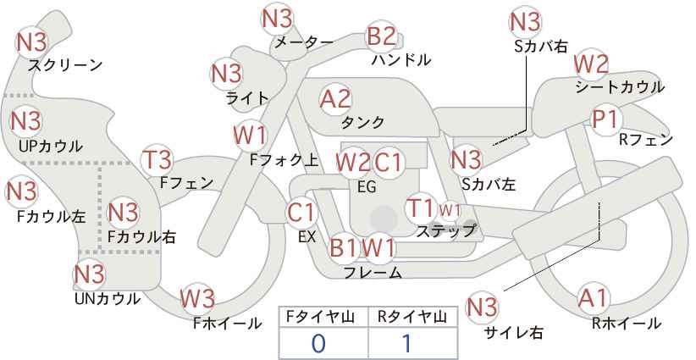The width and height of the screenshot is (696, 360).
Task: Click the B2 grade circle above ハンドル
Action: pyautogui.click(x=381, y=36)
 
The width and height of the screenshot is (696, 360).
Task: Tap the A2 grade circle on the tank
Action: pyautogui.click(x=335, y=99)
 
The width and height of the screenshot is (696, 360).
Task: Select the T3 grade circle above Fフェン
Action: pyautogui.click(x=157, y=160)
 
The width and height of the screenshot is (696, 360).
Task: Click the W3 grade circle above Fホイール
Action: pyautogui.click(x=197, y=299)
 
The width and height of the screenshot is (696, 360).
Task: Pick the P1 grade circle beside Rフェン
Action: pyautogui.click(x=606, y=119)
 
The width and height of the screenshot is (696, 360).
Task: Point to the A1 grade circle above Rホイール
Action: pyautogui.click(x=593, y=297)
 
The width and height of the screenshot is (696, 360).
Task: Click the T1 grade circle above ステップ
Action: pyautogui.click(x=420, y=208)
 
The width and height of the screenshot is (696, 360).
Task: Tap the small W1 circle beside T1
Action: pyautogui.click(x=450, y=210)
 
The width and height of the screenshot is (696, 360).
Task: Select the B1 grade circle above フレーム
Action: pyautogui.click(x=344, y=247)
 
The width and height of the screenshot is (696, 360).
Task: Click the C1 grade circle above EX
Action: pyautogui.click(x=301, y=213)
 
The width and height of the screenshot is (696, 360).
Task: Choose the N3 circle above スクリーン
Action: pyautogui.click(x=31, y=42)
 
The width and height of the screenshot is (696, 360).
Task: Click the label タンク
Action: pyautogui.click(x=362, y=122)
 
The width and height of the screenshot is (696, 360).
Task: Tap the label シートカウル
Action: pyautogui.click(x=620, y=87)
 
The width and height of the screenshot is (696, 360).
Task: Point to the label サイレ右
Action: pyautogui.click(x=514, y=332)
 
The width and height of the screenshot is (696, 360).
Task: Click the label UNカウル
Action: pyautogui.click(x=107, y=299)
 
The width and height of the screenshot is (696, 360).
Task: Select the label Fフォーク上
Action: pyautogui.click(x=284, y=160)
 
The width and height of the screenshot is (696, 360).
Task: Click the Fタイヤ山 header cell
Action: pyautogui.click(x=323, y=317)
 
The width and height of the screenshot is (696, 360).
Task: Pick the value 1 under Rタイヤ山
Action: pyautogui.click(x=406, y=344)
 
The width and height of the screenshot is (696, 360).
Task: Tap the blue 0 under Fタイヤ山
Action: pyautogui.click(x=318, y=344)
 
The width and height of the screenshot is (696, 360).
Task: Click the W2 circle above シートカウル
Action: pyautogui.click(x=591, y=65)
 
